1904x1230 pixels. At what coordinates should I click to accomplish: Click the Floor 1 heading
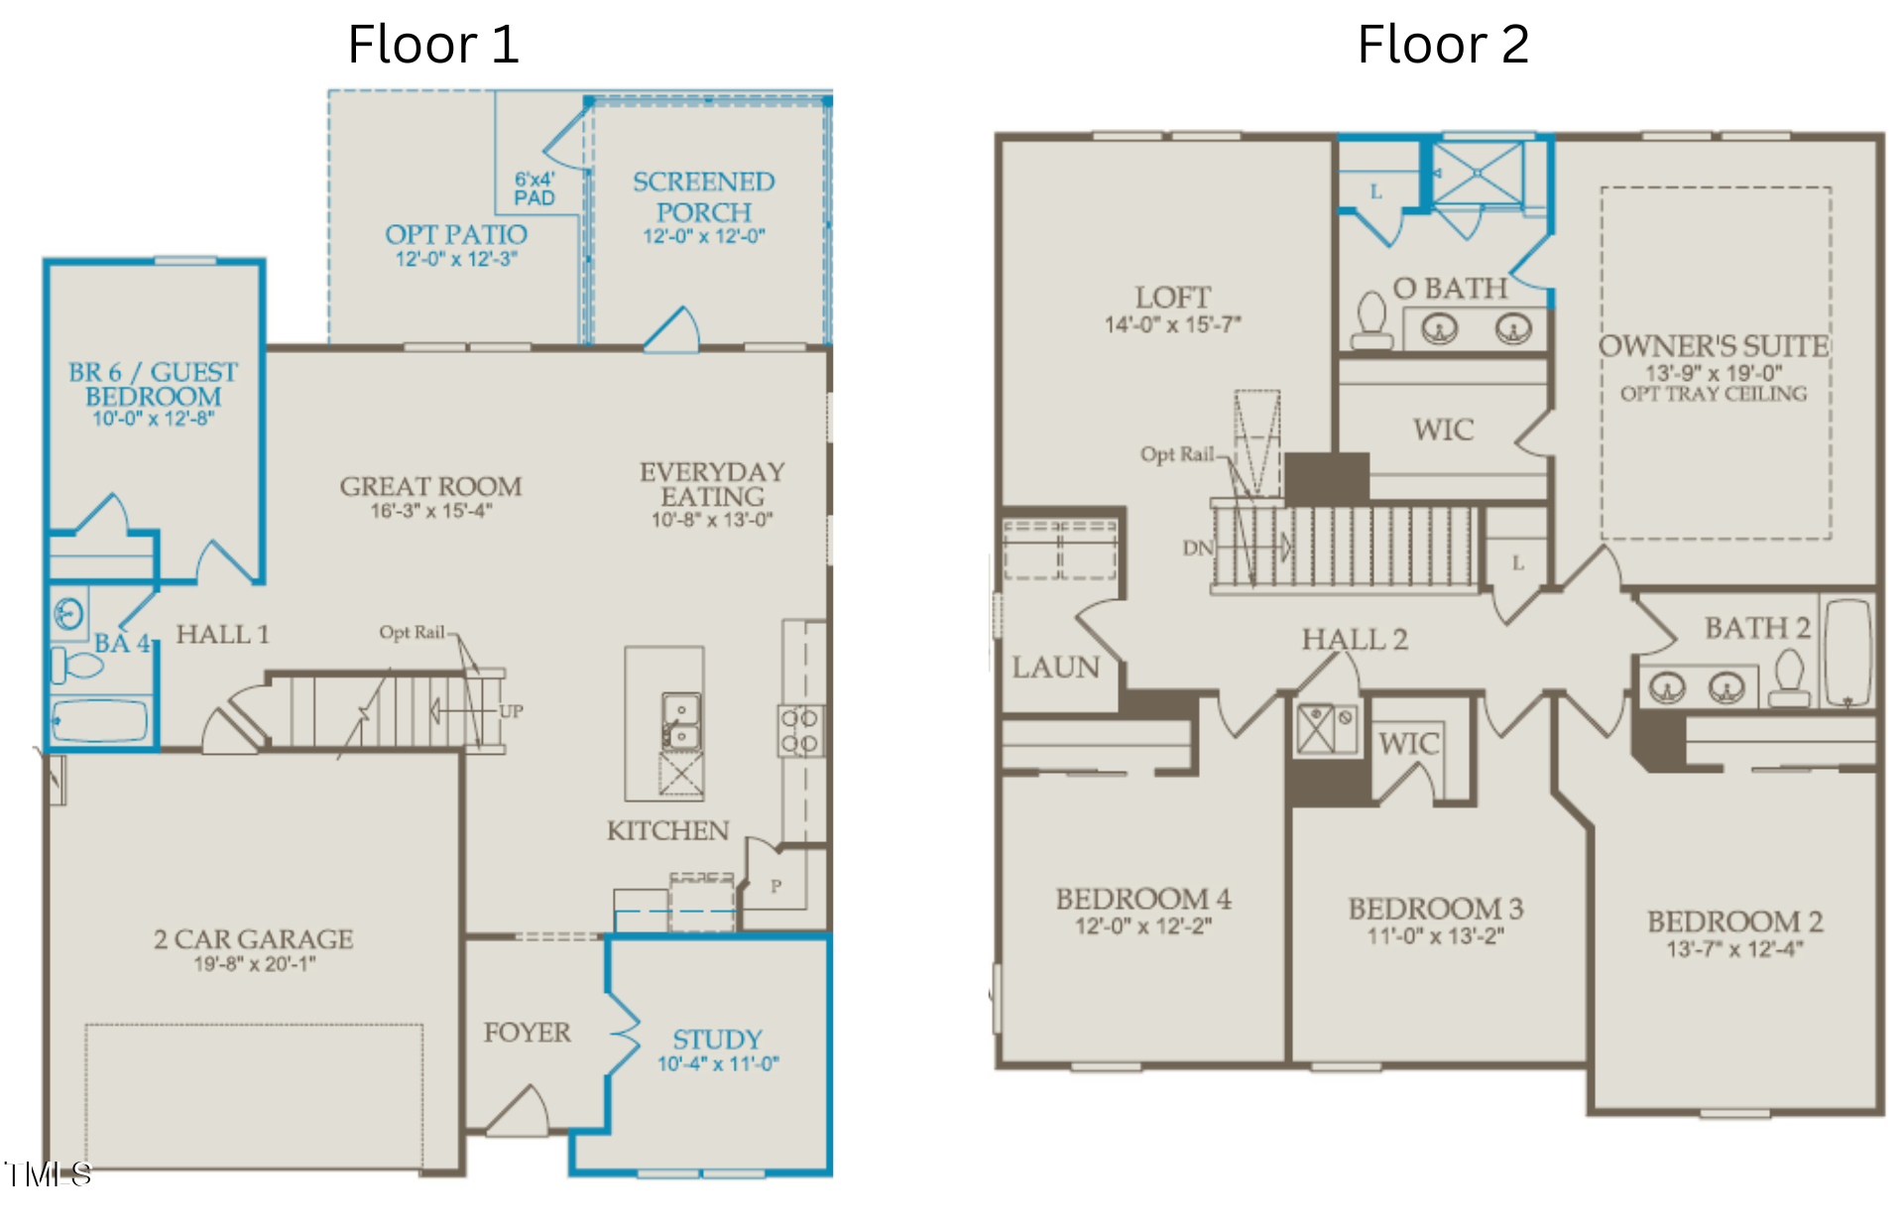tap(433, 45)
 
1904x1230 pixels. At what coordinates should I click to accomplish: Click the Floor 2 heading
tap(1443, 45)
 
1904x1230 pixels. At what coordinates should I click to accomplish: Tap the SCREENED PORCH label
tap(704, 196)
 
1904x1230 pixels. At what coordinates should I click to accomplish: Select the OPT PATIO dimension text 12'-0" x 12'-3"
tap(456, 259)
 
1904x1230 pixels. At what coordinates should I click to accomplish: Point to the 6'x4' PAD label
tap(535, 188)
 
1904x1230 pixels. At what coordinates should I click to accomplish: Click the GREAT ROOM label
tap(430, 486)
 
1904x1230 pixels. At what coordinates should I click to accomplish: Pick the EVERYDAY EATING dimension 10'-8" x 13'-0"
tap(712, 520)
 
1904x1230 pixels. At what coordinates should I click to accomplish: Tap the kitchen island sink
tap(681, 721)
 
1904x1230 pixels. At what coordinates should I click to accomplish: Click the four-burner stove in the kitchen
tap(799, 730)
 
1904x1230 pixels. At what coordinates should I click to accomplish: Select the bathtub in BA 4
tap(99, 721)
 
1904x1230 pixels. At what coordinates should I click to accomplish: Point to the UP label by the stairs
tap(511, 711)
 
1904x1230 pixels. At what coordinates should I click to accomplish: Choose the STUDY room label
tap(718, 1039)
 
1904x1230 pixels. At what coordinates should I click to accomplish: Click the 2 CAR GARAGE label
tap(254, 938)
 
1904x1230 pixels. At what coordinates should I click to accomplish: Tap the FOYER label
tap(527, 1033)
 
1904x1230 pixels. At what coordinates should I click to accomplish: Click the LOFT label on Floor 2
tap(1173, 297)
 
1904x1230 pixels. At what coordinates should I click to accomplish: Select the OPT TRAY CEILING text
tap(1714, 394)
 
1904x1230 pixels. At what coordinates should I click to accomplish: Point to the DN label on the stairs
tap(1197, 548)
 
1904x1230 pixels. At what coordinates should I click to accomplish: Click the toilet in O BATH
tap(1372, 319)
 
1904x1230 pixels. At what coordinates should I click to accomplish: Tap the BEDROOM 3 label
tap(1435, 908)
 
